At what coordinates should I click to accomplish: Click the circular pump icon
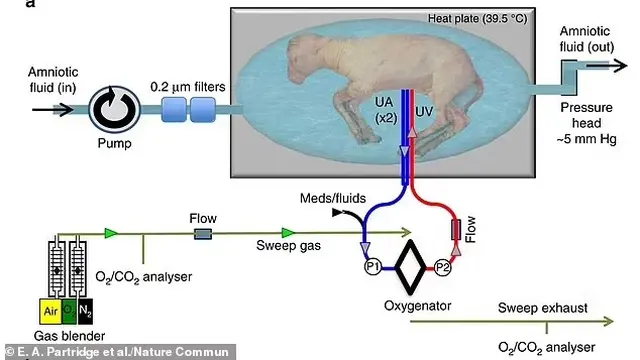coord(115,109)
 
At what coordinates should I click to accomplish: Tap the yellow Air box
coord(50,311)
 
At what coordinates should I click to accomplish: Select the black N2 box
coord(85,311)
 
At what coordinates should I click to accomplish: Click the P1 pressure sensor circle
coord(372,267)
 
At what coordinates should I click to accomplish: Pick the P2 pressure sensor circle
coord(442,268)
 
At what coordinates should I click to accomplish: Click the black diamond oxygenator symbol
coord(410,267)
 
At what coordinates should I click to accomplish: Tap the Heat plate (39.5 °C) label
coord(477,19)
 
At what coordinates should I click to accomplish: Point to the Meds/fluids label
coord(333,198)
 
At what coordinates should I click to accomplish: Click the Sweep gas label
coord(288,245)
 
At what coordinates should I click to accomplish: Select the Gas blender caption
coord(69,336)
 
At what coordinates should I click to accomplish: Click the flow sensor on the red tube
coord(456,230)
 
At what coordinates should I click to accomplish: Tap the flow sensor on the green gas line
coord(203,234)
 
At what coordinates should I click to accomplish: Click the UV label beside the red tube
coord(424,111)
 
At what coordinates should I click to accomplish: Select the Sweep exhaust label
coord(542,308)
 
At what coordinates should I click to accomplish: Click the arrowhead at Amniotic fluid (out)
coord(620,65)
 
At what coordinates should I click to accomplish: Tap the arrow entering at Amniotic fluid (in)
coord(53,109)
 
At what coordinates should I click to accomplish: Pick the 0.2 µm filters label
coord(188,87)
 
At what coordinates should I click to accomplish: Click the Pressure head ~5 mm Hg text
coord(587,123)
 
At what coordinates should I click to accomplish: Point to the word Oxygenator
coord(418,306)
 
